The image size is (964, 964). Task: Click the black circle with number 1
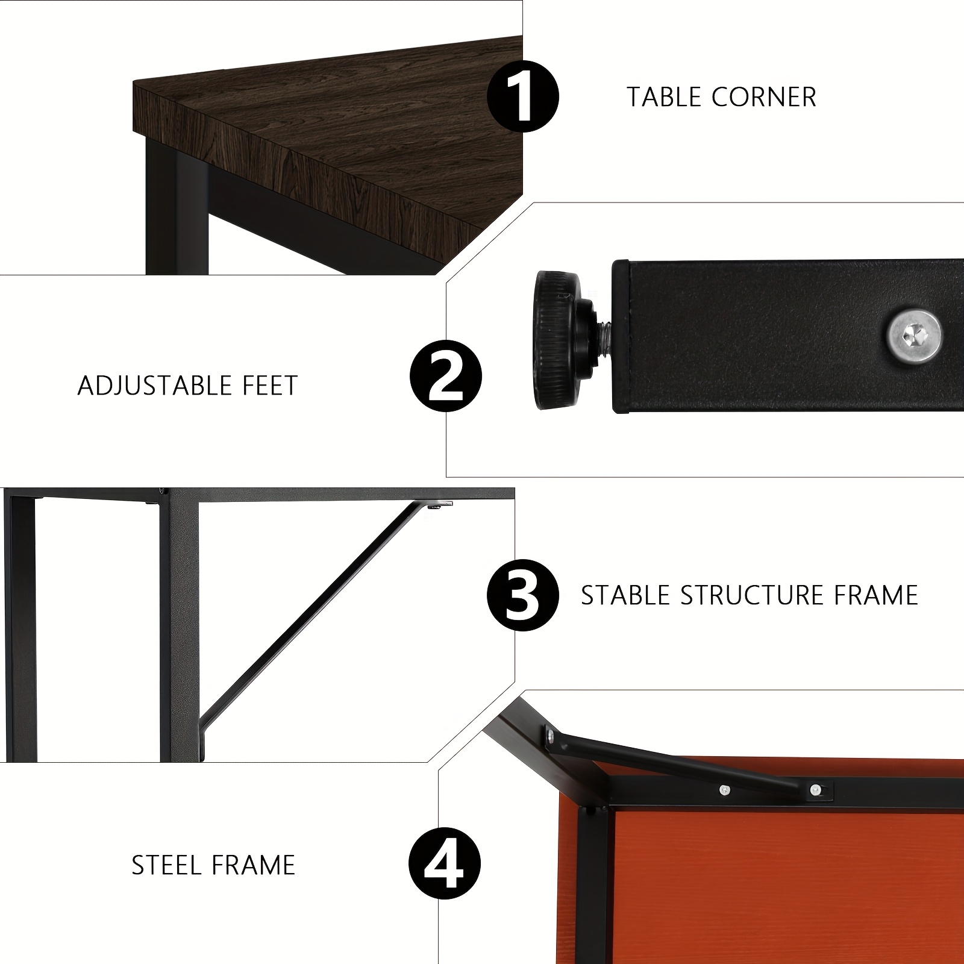[523, 96]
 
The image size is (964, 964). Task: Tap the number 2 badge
[446, 376]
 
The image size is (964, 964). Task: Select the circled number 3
[523, 595]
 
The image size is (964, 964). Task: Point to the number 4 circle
[445, 865]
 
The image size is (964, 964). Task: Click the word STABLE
[625, 595]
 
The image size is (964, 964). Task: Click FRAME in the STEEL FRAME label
[254, 865]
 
